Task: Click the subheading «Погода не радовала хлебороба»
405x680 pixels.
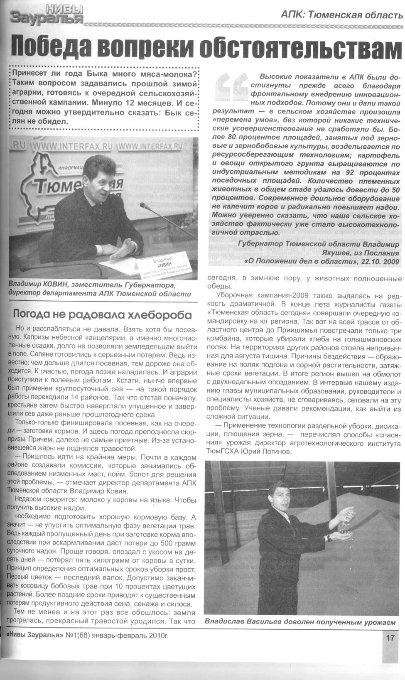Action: (102, 314)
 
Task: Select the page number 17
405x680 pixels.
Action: (390, 638)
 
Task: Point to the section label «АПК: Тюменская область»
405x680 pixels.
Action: (341, 15)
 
